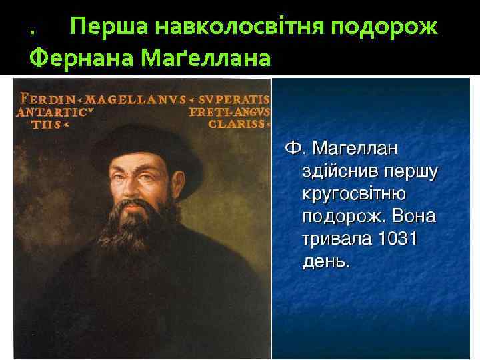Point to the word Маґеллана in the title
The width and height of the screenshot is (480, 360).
[x=206, y=61]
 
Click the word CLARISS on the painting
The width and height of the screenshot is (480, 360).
[x=237, y=124]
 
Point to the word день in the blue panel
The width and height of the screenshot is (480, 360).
[x=324, y=261]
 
